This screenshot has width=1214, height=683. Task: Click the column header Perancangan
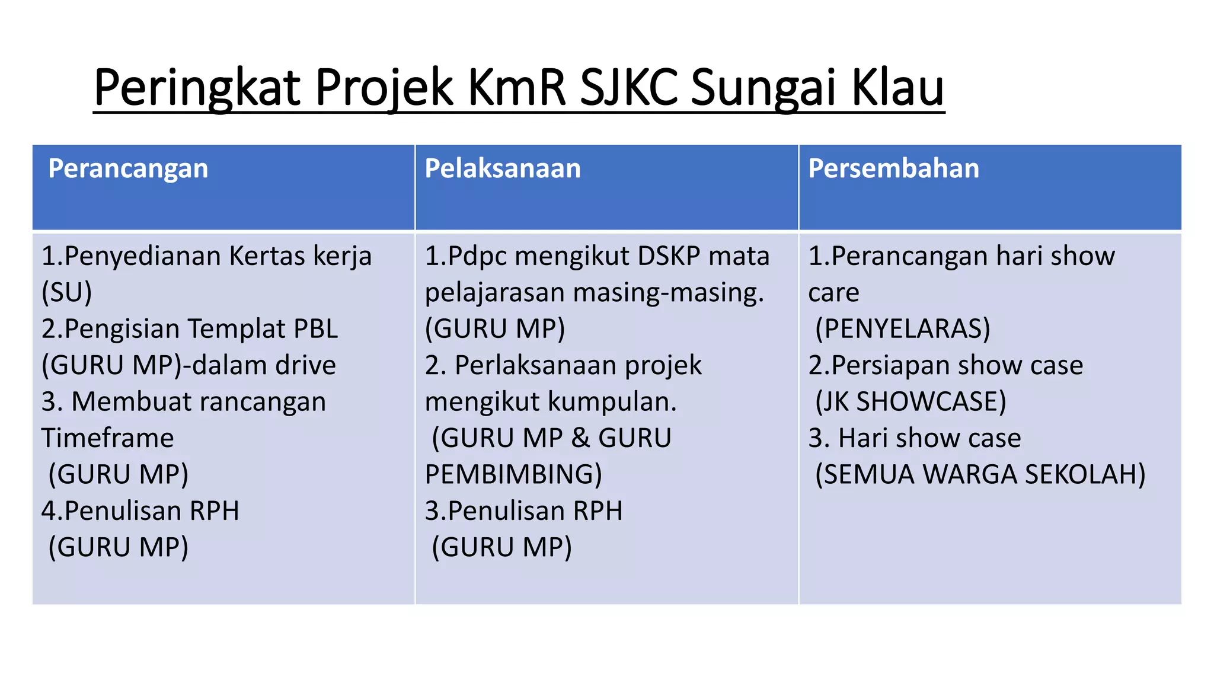point(128,169)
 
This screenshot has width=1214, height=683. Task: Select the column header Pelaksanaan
point(503,169)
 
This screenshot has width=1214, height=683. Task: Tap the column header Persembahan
point(893,169)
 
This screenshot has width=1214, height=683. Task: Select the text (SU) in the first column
point(66,292)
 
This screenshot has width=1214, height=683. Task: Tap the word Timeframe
point(107,438)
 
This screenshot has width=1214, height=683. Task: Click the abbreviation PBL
point(315,329)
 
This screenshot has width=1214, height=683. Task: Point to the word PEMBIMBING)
point(513,474)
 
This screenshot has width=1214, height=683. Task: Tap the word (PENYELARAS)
point(902,329)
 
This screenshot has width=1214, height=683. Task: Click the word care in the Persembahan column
point(833,293)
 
